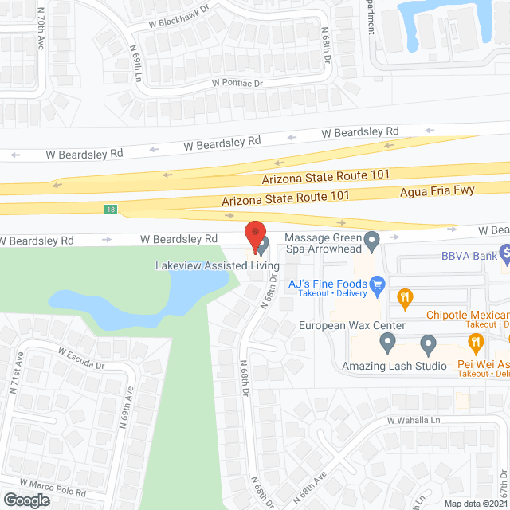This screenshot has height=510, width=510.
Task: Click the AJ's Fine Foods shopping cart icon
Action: tap(378, 284)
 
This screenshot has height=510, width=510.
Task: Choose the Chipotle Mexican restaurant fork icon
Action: tap(405, 299)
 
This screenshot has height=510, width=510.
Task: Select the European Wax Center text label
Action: tap(352, 325)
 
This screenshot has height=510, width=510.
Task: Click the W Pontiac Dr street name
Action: tap(237, 83)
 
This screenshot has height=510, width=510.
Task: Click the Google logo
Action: tap(26, 500)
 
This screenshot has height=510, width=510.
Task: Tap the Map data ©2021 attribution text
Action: tap(475, 504)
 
